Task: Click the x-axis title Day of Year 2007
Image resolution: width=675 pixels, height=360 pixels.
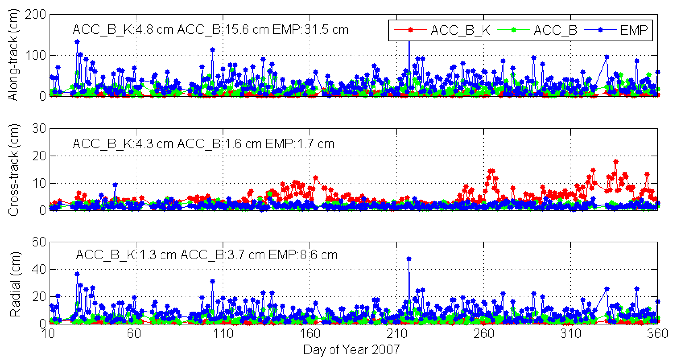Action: coord(351,350)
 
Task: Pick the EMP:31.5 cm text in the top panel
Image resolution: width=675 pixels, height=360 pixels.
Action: coord(311,30)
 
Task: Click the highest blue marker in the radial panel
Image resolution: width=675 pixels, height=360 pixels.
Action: coord(409,259)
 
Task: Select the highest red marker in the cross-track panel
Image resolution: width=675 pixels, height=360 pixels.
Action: coord(616,162)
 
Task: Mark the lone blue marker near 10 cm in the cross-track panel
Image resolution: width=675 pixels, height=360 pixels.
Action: coord(115,185)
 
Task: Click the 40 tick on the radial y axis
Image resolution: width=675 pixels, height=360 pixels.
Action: coord(39,269)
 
